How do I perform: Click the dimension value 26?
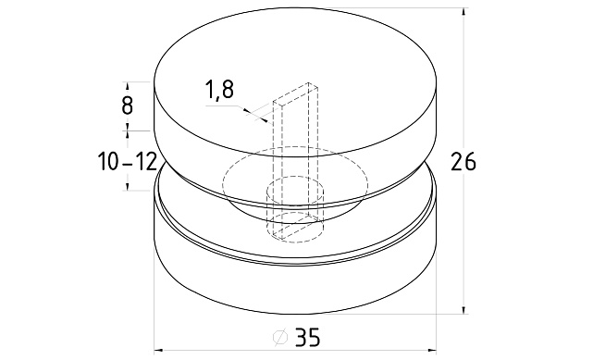click(463, 162)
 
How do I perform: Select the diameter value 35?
click(307, 337)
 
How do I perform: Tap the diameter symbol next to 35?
click(280, 337)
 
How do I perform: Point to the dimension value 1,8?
click(219, 91)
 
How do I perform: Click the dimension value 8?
click(127, 105)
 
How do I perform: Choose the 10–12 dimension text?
click(128, 162)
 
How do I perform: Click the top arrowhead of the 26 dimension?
click(464, 11)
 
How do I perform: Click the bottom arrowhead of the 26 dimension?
click(464, 310)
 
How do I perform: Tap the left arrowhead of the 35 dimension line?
click(159, 350)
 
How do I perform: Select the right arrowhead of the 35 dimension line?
click(432, 350)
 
